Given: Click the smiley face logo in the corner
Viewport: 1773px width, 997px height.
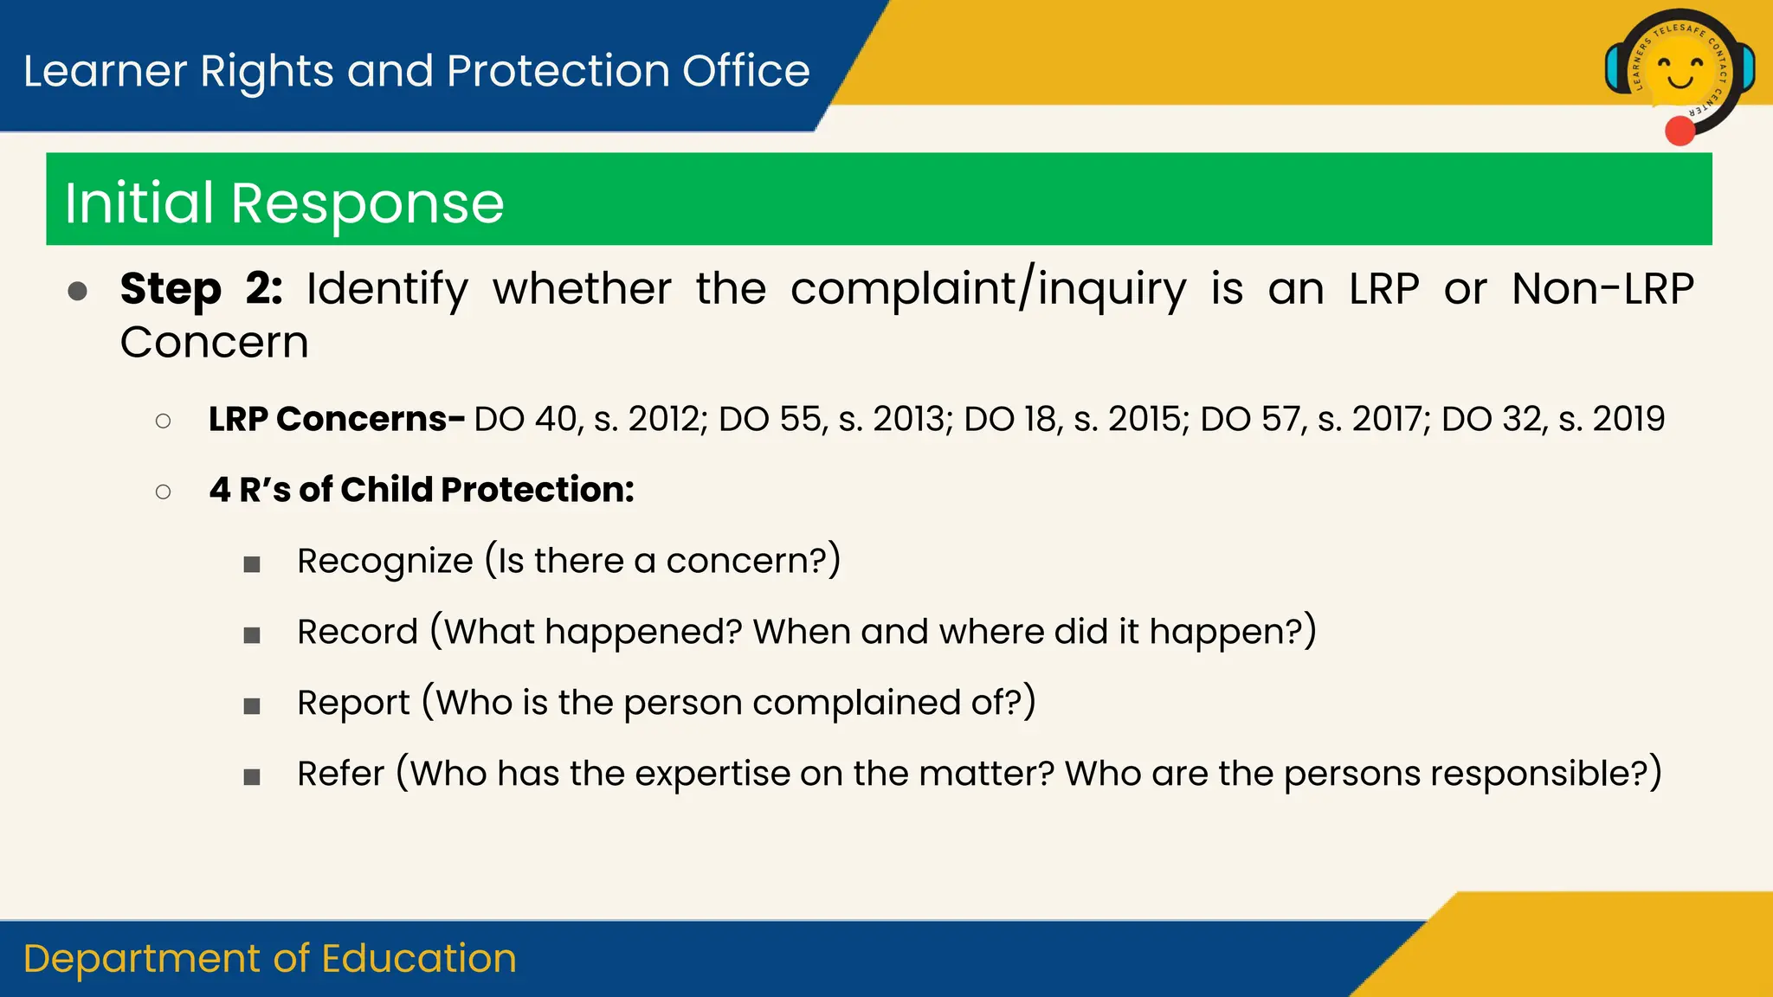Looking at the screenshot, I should click(1680, 71).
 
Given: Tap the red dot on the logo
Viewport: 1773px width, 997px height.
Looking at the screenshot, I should click(1680, 132).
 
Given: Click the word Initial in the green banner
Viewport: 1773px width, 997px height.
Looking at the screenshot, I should click(139, 203).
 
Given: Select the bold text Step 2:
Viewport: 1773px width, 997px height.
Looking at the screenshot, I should click(201, 289).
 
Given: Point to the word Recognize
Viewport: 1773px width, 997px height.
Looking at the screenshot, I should click(385, 561).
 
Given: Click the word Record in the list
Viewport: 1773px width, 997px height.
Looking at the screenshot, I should click(358, 632).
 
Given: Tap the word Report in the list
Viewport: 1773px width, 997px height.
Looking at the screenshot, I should click(353, 703).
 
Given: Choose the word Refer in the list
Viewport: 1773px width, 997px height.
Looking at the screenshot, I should click(340, 774).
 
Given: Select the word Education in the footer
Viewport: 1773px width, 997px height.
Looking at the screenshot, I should click(419, 959).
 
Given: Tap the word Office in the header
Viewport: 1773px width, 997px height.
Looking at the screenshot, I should click(745, 71).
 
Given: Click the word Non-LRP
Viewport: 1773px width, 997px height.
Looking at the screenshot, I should click(1602, 289).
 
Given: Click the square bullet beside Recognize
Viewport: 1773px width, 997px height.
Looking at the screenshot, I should click(252, 565).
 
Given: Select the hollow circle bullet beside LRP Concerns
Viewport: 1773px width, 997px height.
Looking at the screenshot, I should click(163, 421).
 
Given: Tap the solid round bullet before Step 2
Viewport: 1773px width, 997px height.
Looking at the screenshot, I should click(78, 291).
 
